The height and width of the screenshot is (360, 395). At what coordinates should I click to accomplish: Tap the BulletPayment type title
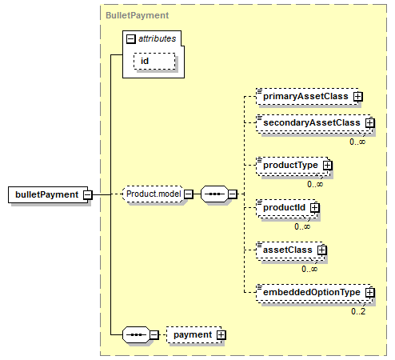point(137,15)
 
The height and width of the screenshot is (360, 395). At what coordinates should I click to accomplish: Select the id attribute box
point(154,61)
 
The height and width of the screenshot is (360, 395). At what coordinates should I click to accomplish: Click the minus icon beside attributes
point(130,39)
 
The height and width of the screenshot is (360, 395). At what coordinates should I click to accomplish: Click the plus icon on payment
point(221,335)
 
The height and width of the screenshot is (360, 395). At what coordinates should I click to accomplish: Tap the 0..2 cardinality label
point(358,311)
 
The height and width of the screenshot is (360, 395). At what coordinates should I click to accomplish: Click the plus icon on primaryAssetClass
point(358,97)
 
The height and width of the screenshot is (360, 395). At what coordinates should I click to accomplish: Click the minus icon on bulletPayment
point(87,195)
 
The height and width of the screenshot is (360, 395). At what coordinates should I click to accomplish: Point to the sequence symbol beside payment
point(136,334)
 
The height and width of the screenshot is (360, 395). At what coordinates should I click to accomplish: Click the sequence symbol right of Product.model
point(214,194)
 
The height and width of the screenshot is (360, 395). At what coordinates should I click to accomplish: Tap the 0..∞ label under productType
point(315,184)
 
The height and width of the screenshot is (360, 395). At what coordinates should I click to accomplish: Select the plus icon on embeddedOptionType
point(370,293)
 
